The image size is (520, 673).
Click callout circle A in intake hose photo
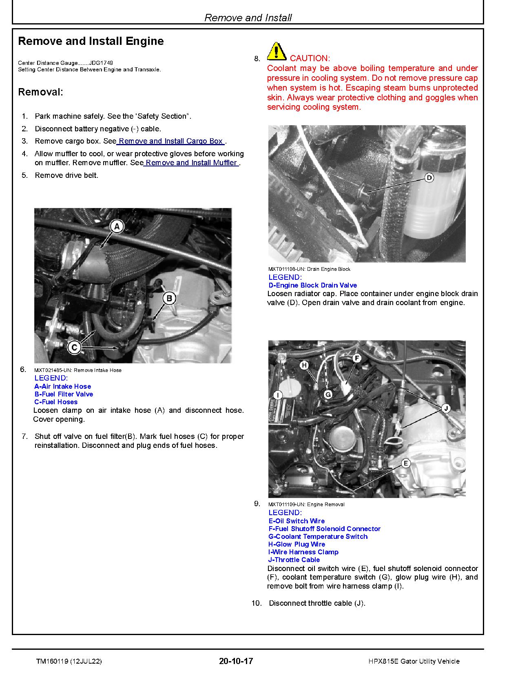(x=117, y=226)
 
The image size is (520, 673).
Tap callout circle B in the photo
(x=169, y=298)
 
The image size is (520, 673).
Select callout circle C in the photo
(x=74, y=348)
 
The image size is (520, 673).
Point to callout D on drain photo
(x=429, y=178)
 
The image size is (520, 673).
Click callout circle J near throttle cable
(x=445, y=408)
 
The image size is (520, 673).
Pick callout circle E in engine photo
(x=405, y=463)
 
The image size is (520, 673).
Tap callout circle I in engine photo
(x=278, y=395)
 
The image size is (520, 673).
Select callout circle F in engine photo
(x=356, y=358)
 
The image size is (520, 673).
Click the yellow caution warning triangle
(x=277, y=51)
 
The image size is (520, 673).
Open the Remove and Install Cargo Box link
(x=171, y=141)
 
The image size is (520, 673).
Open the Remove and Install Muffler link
(x=191, y=163)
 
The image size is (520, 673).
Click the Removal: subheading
(x=41, y=92)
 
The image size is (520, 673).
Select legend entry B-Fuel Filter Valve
(x=64, y=394)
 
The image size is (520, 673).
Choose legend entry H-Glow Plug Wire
(x=297, y=544)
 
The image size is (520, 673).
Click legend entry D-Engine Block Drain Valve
(x=312, y=285)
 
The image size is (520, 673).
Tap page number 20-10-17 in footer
(x=236, y=661)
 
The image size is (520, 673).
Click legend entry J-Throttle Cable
(x=294, y=560)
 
